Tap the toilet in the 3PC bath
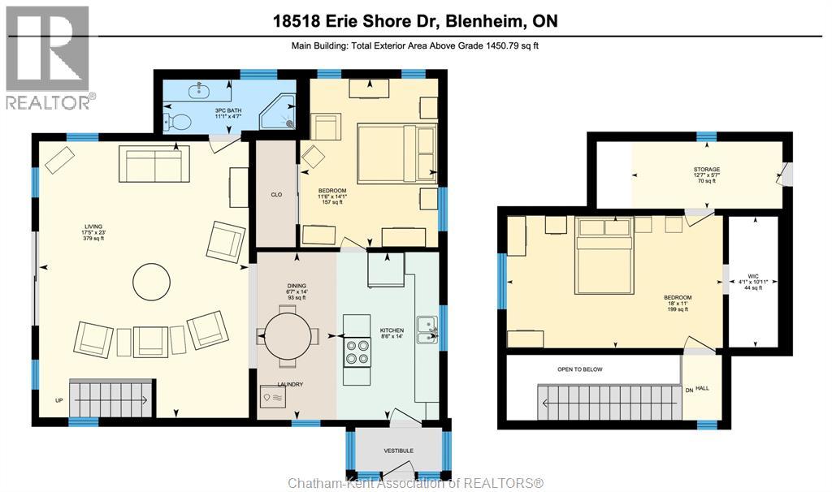pyautogui.click(x=177, y=123)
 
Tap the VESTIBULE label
pyautogui.click(x=399, y=451)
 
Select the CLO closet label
pyautogui.click(x=275, y=194)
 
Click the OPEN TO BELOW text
pyautogui.click(x=580, y=369)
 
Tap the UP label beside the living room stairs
pyautogui.click(x=58, y=400)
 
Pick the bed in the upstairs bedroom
pyautogui.click(x=604, y=255)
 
